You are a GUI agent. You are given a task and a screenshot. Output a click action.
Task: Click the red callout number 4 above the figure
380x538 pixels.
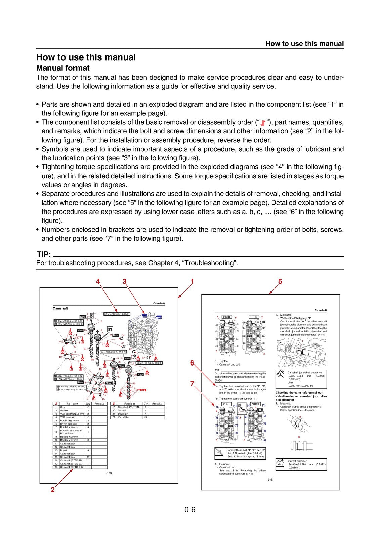click(x=98, y=281)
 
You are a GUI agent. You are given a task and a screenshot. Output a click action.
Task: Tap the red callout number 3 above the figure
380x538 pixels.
click(x=124, y=281)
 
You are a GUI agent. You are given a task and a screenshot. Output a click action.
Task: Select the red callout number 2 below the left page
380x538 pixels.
click(x=52, y=490)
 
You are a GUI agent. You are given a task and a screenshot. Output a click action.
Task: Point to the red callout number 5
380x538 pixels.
click(x=280, y=281)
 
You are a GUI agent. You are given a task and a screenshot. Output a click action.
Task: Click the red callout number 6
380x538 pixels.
click(x=192, y=363)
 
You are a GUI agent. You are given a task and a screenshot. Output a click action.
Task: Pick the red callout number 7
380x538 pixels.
click(x=192, y=383)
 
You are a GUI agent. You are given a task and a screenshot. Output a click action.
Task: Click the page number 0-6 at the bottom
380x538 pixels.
click(x=190, y=510)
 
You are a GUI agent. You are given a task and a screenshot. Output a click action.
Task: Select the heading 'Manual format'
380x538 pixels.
click(x=63, y=68)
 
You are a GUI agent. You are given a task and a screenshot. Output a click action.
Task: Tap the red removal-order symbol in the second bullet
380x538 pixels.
click(x=263, y=123)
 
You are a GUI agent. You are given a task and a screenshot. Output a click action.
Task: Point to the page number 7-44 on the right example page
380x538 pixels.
click(x=270, y=479)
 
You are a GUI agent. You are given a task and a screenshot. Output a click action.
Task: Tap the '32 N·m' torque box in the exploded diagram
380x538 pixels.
click(x=117, y=314)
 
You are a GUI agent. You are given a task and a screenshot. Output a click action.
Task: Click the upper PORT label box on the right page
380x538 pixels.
click(x=227, y=317)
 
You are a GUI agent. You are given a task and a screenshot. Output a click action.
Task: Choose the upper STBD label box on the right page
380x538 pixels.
click(x=254, y=317)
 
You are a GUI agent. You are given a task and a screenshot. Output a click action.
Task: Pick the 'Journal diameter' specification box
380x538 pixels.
click(x=301, y=464)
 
